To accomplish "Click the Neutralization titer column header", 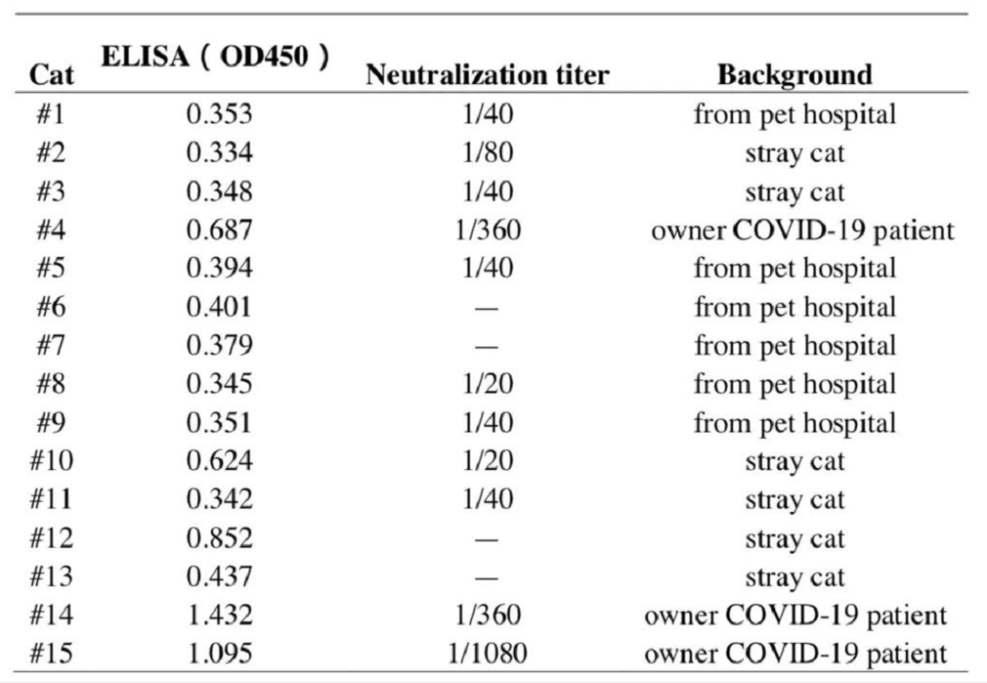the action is [487, 74].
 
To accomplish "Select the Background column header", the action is [794, 74].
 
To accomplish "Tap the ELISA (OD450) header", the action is [216, 57].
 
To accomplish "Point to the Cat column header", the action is [51, 74].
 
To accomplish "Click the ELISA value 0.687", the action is [219, 229].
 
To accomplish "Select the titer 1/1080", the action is [487, 653].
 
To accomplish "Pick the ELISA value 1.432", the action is [219, 614].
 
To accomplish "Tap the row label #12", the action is [51, 538].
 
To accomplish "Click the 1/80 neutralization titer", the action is [487, 153].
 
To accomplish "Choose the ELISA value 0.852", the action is [219, 538].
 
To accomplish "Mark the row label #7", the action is [50, 345].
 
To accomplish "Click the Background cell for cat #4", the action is [802, 230].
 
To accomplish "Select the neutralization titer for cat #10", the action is [487, 460].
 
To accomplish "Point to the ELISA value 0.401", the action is [219, 306].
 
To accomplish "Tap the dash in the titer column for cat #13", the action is [486, 577].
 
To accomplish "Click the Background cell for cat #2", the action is [794, 154].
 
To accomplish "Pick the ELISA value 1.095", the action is [219, 653].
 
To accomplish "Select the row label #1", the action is [50, 114].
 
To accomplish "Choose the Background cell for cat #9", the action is [794, 423].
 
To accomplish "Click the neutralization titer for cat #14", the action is [487, 614].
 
